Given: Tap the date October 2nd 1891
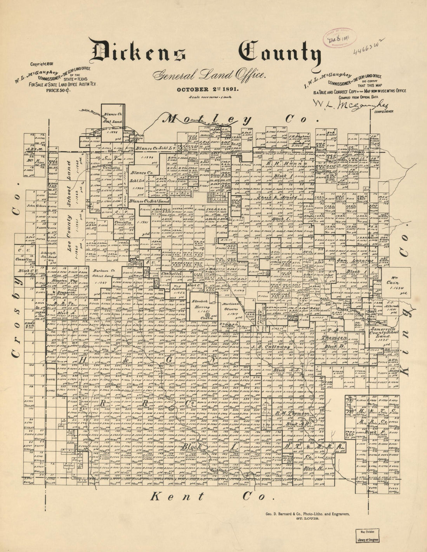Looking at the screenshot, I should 208,89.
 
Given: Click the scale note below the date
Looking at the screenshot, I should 208,98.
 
